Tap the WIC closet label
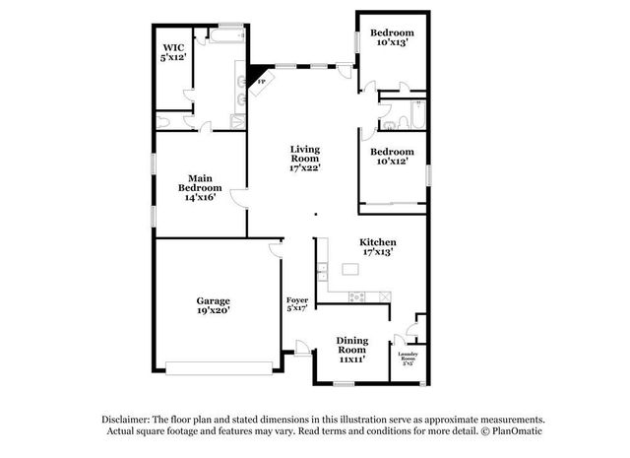click(174, 52)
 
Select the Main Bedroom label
click(199, 186)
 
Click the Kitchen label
click(377, 246)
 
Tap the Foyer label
click(296, 303)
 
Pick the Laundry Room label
click(409, 358)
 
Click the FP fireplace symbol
click(261, 83)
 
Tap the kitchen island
click(350, 268)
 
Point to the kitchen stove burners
click(359, 296)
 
